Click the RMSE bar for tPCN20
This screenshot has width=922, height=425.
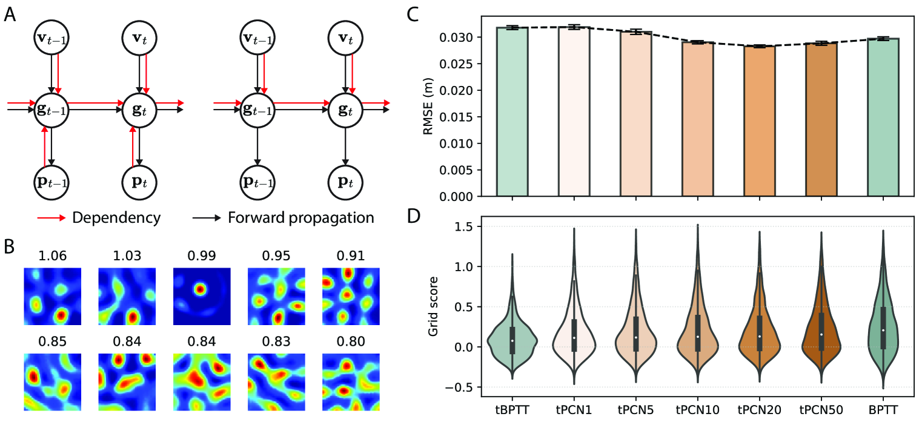(759, 121)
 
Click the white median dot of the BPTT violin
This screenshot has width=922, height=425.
(883, 330)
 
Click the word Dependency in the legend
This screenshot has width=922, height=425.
(116, 217)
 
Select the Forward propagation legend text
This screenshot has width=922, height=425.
(300, 217)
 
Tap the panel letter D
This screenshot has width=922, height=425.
(413, 216)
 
